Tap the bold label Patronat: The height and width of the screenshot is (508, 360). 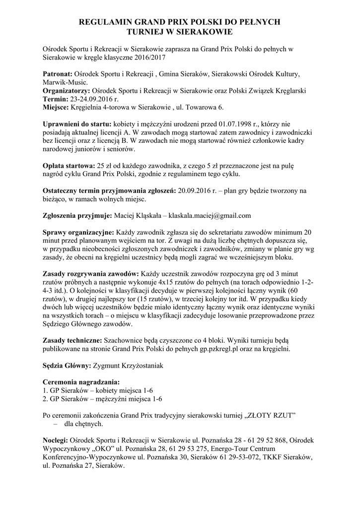pyautogui.click(x=58, y=74)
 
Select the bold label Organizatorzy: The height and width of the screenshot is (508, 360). pyautogui.click(x=66, y=91)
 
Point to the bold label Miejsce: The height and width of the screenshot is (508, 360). pyautogui.click(x=56, y=108)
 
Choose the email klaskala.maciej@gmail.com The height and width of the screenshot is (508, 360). pyautogui.click(x=210, y=216)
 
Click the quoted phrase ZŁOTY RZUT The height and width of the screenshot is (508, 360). pyautogui.click(x=268, y=415)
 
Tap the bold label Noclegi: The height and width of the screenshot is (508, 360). pyautogui.click(x=56, y=441)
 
